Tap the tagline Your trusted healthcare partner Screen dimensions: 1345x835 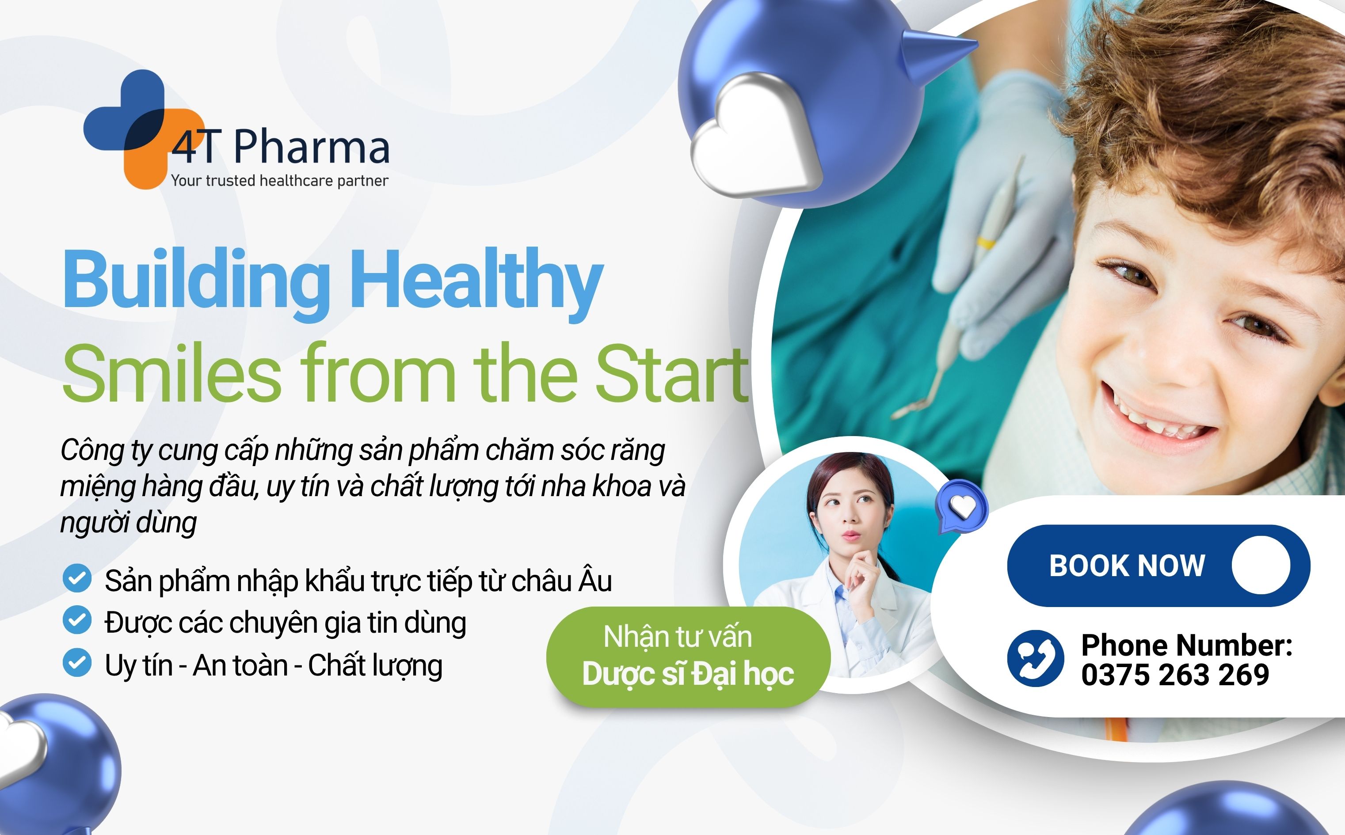[x=279, y=181]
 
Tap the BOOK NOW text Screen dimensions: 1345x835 [x=1127, y=566]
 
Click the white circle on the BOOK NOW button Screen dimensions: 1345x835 [x=1261, y=565]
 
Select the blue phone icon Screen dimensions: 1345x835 [x=1035, y=658]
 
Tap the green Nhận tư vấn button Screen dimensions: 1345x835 [x=688, y=656]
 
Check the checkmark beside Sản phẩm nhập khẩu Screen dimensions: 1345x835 [x=77, y=578]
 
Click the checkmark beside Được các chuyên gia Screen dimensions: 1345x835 [x=77, y=620]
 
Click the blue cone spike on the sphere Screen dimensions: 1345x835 [x=936, y=53]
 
